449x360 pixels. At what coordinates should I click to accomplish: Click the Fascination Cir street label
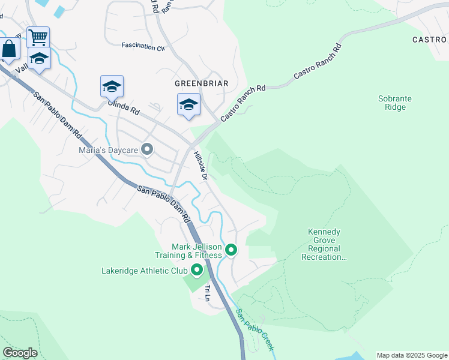[x=143, y=46]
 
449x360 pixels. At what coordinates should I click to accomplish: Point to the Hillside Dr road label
[x=200, y=166]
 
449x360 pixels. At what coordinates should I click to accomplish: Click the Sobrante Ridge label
[x=392, y=103]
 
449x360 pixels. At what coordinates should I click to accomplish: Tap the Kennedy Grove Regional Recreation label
[x=324, y=244]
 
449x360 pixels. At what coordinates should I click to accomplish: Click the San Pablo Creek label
[x=255, y=330]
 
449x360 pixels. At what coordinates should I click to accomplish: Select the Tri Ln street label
[x=208, y=293]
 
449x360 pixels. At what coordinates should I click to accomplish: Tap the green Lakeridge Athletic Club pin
[x=197, y=271]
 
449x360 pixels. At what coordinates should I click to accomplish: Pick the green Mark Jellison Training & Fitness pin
[x=231, y=251]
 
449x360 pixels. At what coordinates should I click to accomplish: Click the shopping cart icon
[x=38, y=38]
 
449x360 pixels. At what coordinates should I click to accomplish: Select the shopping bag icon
[x=9, y=49]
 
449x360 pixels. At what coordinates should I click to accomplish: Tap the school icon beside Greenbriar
[x=188, y=104]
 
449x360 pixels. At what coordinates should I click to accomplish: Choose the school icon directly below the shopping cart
[x=39, y=58]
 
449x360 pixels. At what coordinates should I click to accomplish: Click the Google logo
[x=20, y=353]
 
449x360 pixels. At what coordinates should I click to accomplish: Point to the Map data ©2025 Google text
[x=411, y=355]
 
